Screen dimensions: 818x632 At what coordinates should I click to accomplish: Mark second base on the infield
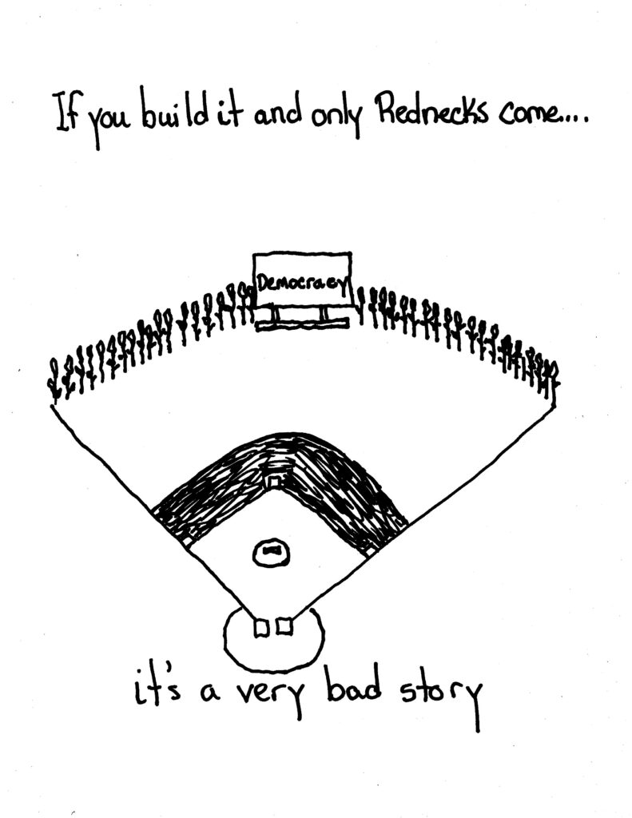[x=274, y=482]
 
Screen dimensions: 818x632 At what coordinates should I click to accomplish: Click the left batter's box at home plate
[x=260, y=629]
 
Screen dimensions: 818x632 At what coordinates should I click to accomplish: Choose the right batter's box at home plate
[x=284, y=629]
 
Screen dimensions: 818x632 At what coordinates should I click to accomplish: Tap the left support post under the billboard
[x=274, y=316]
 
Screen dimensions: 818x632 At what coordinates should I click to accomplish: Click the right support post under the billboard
[x=325, y=316]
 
